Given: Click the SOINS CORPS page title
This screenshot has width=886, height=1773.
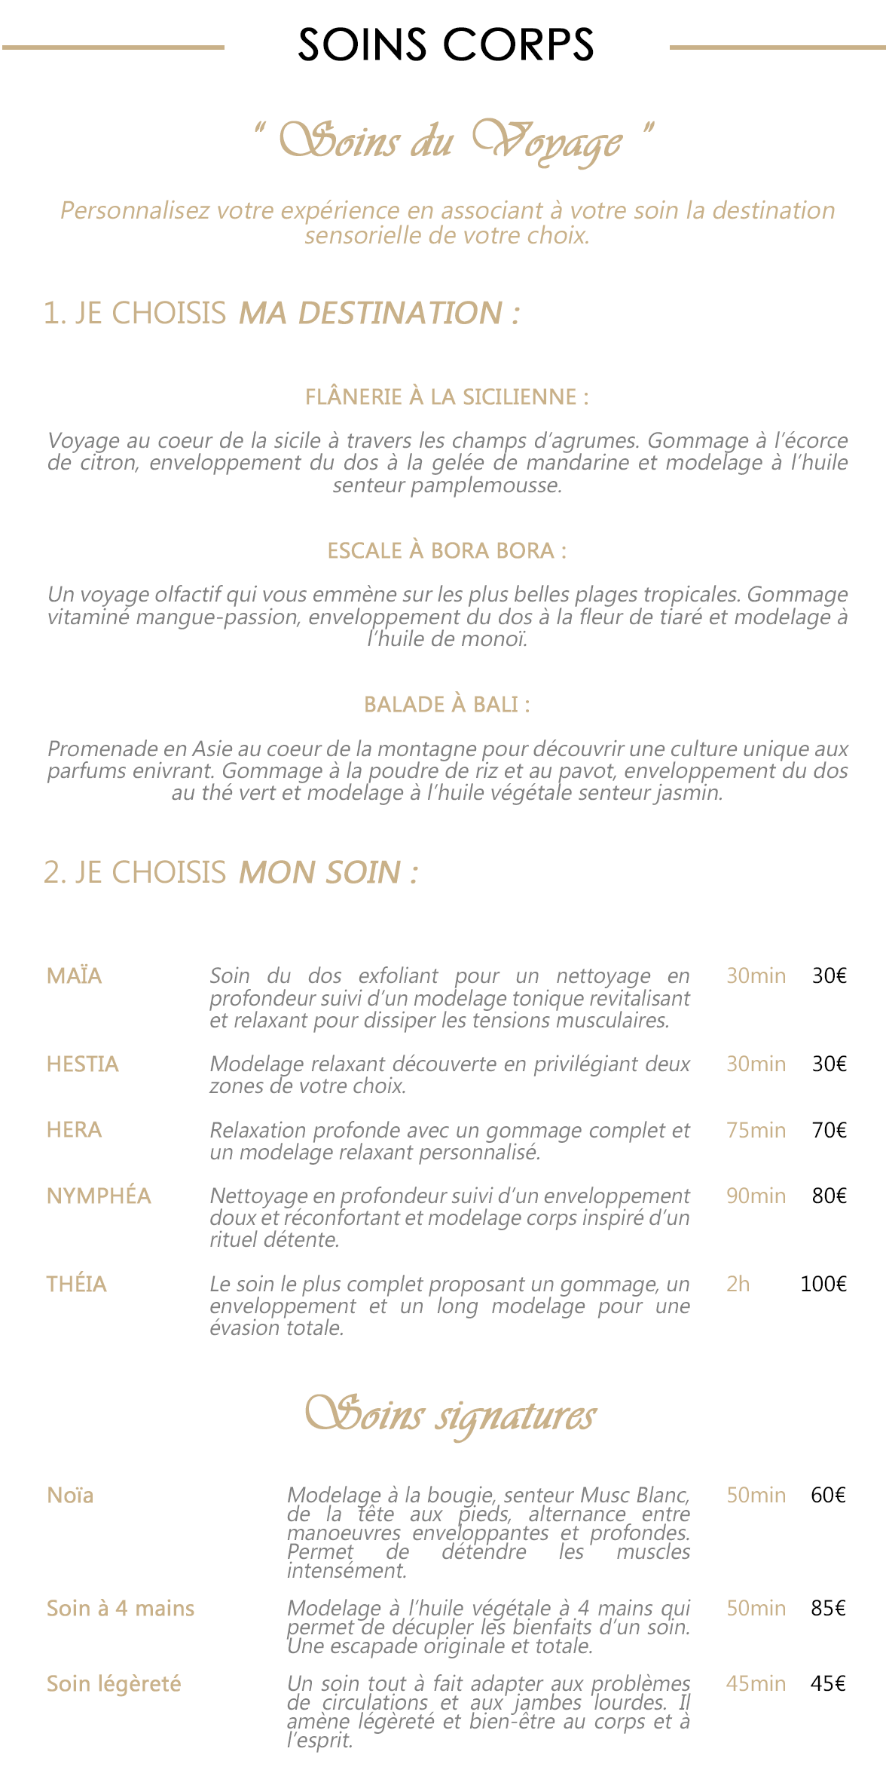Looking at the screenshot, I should coord(446,45).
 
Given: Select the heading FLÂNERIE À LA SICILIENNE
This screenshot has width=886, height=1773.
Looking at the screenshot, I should coord(447,397).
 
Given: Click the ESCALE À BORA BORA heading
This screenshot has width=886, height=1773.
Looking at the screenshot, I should coord(447,550).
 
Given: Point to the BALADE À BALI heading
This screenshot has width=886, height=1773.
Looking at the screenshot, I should coord(447,704).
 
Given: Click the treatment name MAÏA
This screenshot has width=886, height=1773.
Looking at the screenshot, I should coord(74,975).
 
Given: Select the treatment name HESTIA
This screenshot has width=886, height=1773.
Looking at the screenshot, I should coord(83,1064).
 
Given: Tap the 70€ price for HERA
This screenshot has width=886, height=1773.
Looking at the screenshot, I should coord(829,1130).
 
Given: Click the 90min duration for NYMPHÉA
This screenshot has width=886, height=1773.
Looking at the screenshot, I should coord(756,1196).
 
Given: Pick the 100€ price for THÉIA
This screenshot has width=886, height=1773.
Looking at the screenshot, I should coord(823,1284).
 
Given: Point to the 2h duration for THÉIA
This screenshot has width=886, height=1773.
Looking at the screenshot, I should coord(738,1284).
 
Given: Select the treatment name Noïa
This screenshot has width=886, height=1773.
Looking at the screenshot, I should coord(70,1495).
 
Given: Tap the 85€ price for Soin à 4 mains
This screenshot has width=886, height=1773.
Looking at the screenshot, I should coord(828,1608).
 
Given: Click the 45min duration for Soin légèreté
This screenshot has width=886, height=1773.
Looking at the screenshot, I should coord(756,1683).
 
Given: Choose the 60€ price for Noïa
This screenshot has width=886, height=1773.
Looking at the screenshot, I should coord(828,1495).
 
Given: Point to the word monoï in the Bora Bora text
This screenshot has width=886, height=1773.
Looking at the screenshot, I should coord(496,639).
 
